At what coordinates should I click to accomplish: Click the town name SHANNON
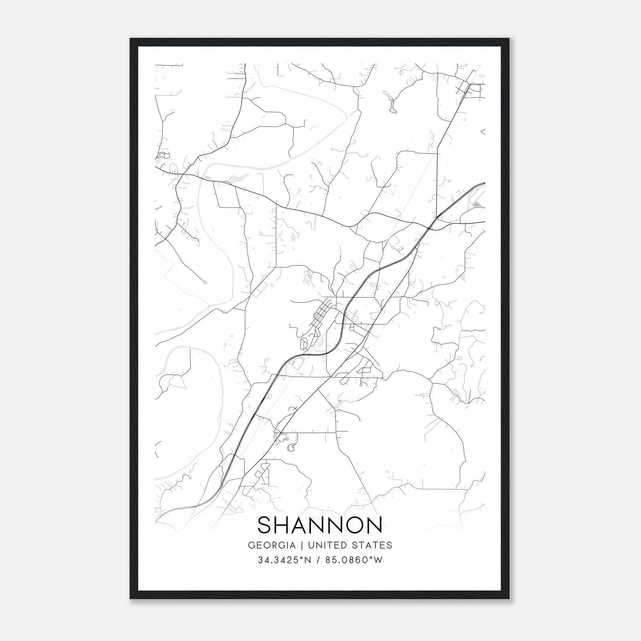click(x=320, y=525)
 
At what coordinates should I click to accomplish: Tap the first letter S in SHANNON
click(x=265, y=525)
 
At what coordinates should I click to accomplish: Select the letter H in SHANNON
click(x=284, y=525)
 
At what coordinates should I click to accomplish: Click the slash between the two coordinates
click(x=319, y=560)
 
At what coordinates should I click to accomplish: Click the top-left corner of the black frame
click(x=131, y=39)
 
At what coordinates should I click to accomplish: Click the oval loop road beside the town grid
click(x=304, y=344)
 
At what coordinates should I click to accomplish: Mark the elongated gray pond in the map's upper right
click(x=390, y=100)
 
